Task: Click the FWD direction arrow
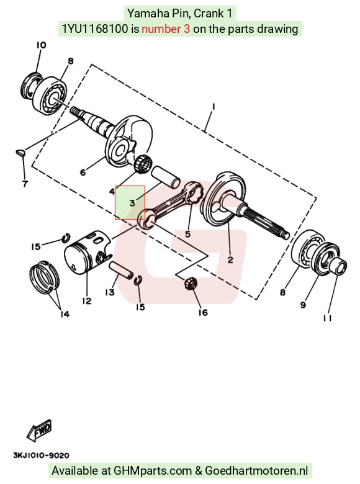click(x=39, y=430)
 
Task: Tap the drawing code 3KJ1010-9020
click(x=41, y=455)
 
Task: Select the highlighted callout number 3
click(x=132, y=203)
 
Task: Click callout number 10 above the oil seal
click(x=41, y=45)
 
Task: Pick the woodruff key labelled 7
click(x=21, y=153)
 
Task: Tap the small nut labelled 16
click(x=189, y=283)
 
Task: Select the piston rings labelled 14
click(x=46, y=277)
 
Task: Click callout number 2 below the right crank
click(x=230, y=259)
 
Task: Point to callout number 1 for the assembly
click(x=214, y=107)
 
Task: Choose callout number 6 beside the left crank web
click(x=83, y=172)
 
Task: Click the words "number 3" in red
click(x=166, y=29)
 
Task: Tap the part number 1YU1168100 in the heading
click(x=95, y=29)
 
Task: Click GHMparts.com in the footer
click(x=153, y=471)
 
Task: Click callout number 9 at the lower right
click(x=303, y=305)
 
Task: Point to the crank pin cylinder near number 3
click(x=165, y=177)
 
